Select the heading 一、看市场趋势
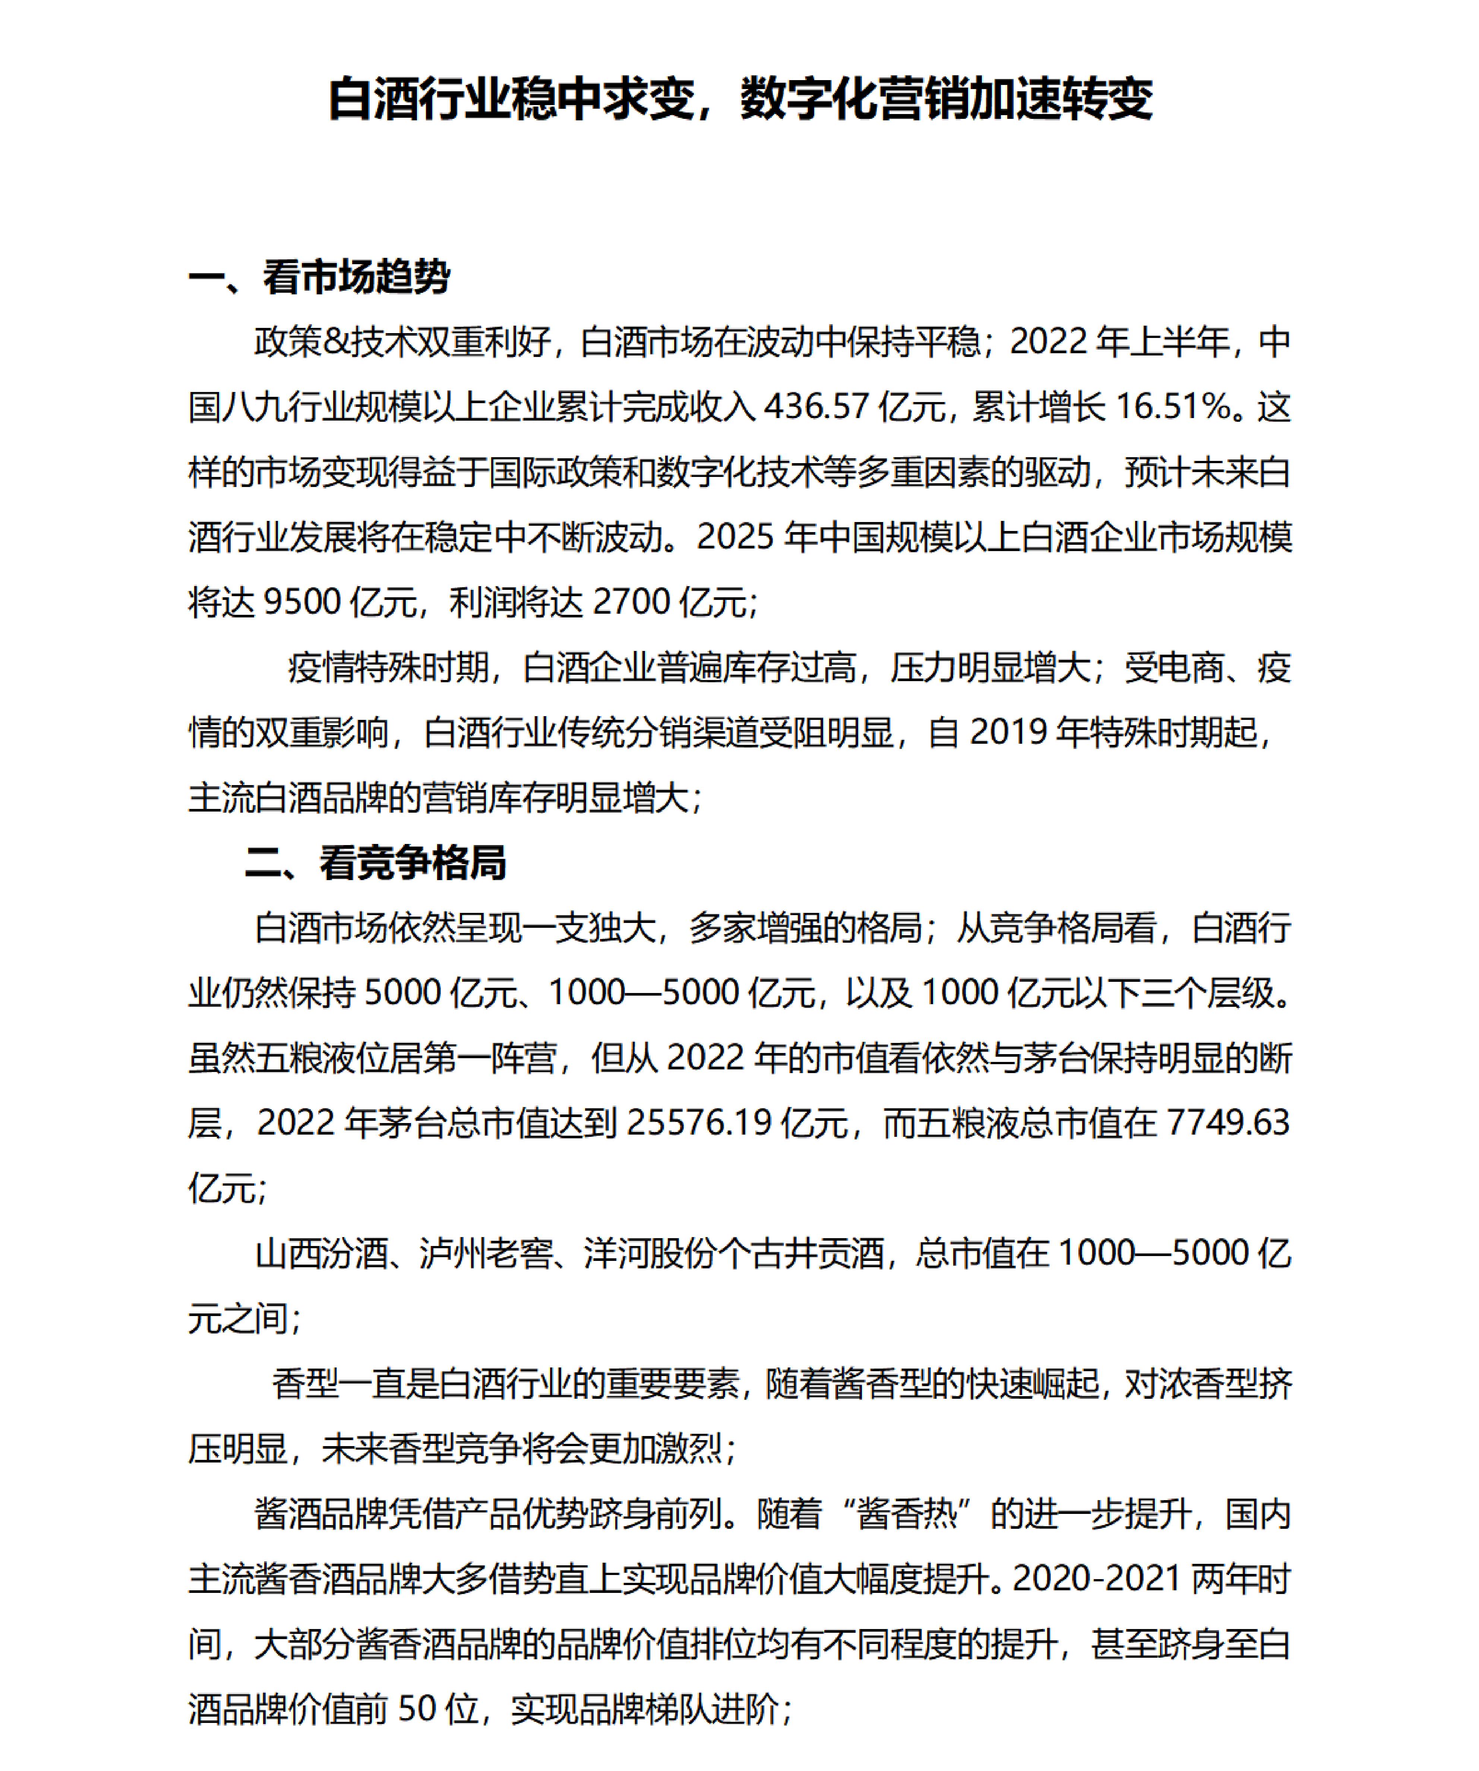(319, 276)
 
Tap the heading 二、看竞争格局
(375, 863)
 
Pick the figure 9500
(302, 602)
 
